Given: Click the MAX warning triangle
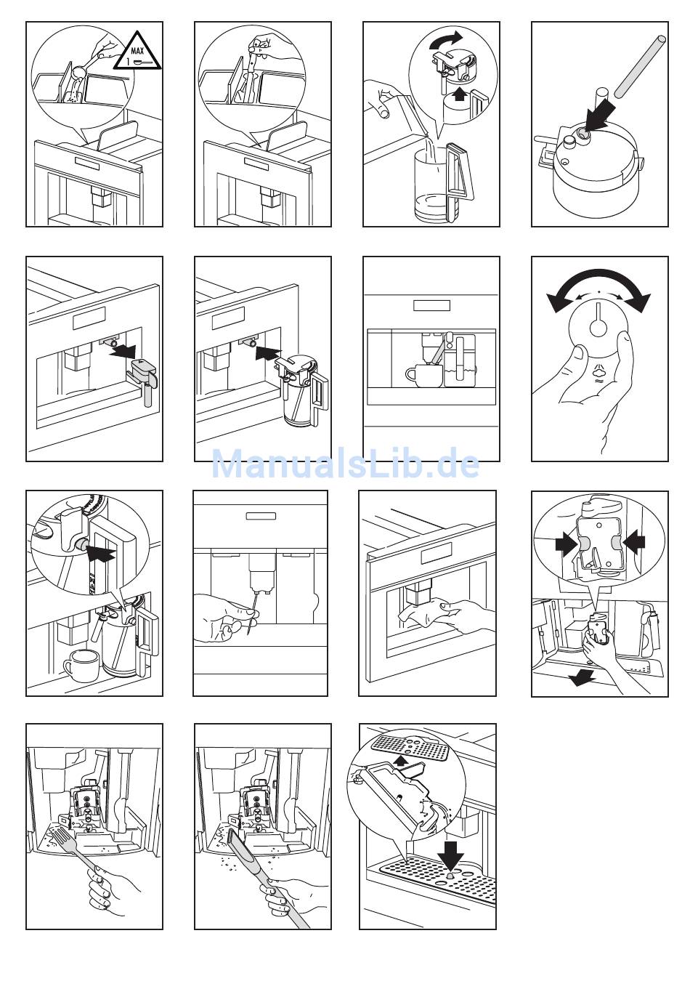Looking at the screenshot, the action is click(x=138, y=53).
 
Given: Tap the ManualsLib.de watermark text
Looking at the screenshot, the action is click(x=345, y=464).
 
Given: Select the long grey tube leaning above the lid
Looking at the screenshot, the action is click(x=640, y=66).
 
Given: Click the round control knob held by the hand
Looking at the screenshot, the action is click(x=598, y=329).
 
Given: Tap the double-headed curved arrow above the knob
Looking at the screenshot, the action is click(x=598, y=288).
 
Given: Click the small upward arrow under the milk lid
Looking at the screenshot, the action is click(x=458, y=96).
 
